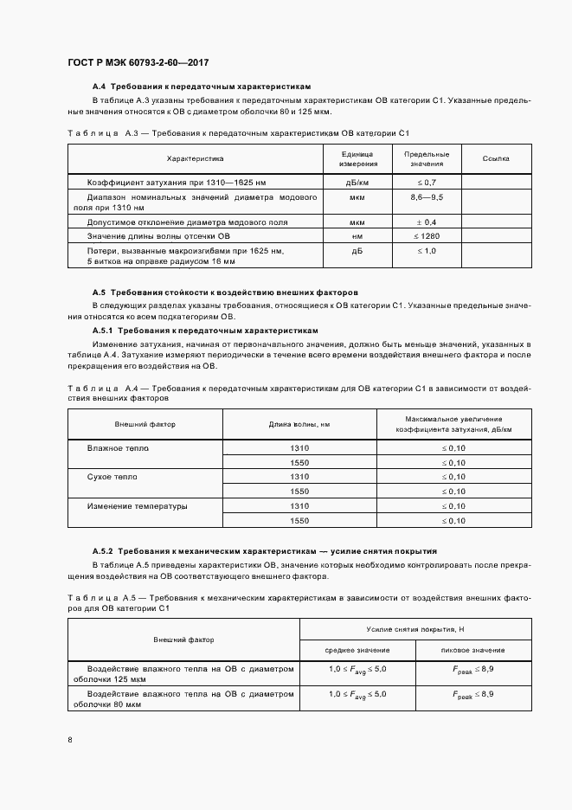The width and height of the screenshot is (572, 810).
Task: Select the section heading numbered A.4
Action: (201, 87)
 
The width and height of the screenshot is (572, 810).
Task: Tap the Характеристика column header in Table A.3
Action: (195, 158)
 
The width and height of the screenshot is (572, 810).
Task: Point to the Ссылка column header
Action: (496, 158)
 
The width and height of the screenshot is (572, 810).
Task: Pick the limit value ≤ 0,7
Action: (426, 182)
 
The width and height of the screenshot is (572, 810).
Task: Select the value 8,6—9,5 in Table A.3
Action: (426, 198)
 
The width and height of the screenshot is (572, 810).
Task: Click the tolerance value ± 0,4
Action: (426, 222)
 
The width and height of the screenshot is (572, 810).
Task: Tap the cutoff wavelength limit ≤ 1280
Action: (426, 235)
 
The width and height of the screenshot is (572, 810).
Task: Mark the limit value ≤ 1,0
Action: (426, 250)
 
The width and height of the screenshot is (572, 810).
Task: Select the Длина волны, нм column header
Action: (299, 424)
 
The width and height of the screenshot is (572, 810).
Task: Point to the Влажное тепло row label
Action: (118, 448)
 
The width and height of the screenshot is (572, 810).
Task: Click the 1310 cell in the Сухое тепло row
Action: (299, 477)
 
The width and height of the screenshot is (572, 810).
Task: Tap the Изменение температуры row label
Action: (137, 505)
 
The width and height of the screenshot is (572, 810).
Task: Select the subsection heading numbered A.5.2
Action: (264, 550)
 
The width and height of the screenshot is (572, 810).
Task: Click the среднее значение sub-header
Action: (357, 650)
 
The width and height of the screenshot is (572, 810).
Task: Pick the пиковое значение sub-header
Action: (472, 650)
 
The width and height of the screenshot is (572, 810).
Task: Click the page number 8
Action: (70, 739)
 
